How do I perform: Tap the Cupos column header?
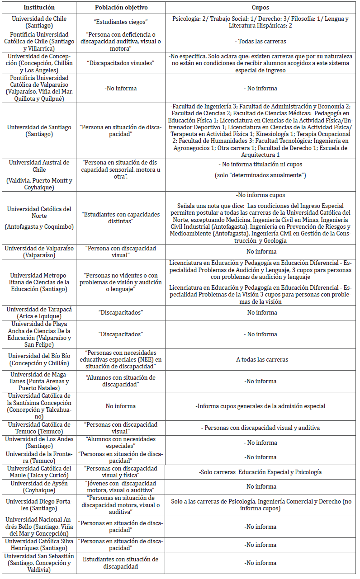(x=261, y=7)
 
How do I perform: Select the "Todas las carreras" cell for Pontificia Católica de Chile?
(x=261, y=42)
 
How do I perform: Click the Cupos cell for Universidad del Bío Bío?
(x=261, y=359)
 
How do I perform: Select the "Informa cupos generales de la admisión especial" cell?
(x=261, y=406)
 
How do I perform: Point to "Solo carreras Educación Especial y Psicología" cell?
(x=261, y=472)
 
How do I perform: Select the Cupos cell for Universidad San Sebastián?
(x=261, y=563)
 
